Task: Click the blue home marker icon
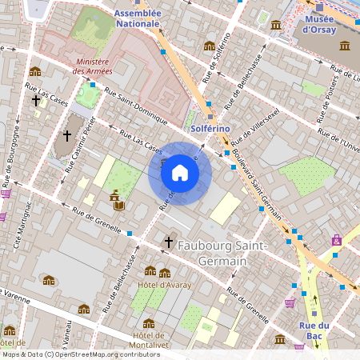point(180,172)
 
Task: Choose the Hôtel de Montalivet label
point(149,339)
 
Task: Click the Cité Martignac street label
point(25,221)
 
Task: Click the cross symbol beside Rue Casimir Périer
point(66,134)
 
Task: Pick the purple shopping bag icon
point(337,239)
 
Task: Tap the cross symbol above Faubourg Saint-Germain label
point(169,241)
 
